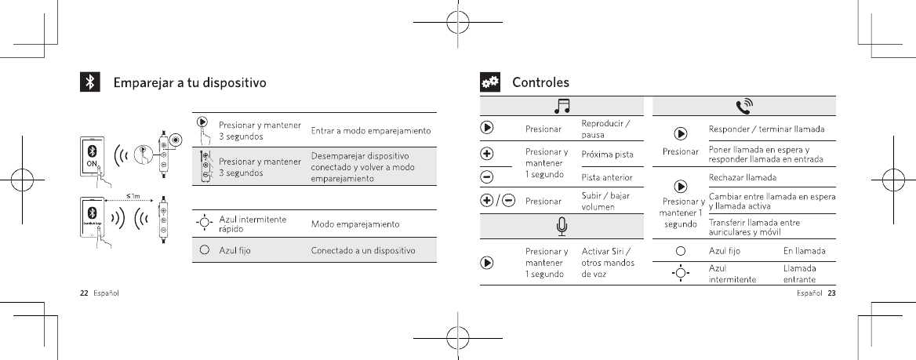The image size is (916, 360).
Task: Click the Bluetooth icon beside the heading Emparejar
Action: [x=90, y=82]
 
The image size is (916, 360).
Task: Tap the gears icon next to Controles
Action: [x=490, y=82]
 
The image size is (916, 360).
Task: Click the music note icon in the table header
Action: [x=562, y=106]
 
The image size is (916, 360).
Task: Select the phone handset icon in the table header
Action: [x=743, y=106]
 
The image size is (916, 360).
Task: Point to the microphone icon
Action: [x=562, y=226]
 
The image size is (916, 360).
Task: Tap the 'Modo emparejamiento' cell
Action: [x=356, y=224]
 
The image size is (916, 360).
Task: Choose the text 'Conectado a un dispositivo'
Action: [x=363, y=250]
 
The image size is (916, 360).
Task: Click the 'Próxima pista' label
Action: [x=608, y=154]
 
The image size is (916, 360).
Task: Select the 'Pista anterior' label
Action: [x=607, y=177]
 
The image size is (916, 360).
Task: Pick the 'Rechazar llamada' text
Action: [x=743, y=177]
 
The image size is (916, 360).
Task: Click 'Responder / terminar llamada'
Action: [x=771, y=129]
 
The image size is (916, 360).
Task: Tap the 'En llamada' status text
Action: [x=804, y=251]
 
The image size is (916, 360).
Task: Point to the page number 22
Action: [x=83, y=294]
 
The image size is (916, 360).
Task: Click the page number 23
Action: [x=832, y=294]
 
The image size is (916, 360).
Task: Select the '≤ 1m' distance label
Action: [x=134, y=195]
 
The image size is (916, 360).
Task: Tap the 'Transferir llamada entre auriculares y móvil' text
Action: [x=754, y=227]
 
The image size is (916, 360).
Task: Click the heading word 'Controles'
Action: [x=540, y=82]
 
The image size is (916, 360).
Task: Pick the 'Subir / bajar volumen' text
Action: [x=606, y=201]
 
